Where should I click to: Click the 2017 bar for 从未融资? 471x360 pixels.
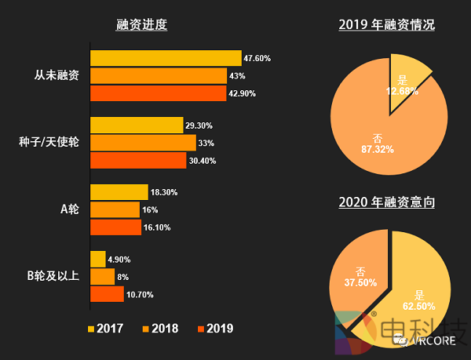coord(165,58)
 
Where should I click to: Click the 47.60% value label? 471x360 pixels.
coord(257,58)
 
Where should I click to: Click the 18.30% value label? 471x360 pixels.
coord(164,193)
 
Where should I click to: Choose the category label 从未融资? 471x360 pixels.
coord(57,76)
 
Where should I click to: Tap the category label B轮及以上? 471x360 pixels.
coord(53,276)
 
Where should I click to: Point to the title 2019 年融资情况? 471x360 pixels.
coord(387,24)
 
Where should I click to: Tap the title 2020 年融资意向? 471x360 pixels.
coord(387,202)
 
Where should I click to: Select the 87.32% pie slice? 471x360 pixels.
coord(377,125)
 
